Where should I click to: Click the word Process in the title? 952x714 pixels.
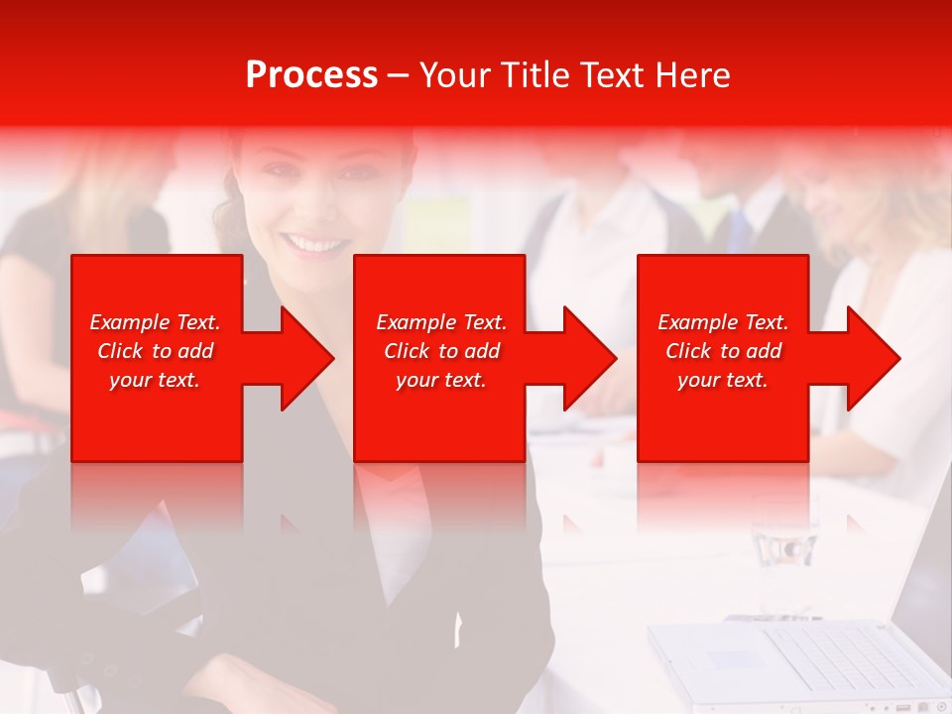pyautogui.click(x=311, y=75)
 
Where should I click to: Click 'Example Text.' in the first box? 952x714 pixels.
pyautogui.click(x=155, y=322)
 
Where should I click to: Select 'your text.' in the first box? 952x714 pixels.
pyautogui.click(x=155, y=380)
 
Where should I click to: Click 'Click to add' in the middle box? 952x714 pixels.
pyautogui.click(x=441, y=351)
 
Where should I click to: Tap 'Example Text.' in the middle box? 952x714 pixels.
pyautogui.click(x=441, y=322)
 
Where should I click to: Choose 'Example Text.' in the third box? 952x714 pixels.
pyautogui.click(x=723, y=322)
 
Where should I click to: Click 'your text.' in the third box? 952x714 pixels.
pyautogui.click(x=723, y=380)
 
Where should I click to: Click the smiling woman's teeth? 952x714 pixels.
pyautogui.click(x=313, y=243)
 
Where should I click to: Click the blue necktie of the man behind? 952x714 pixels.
pyautogui.click(x=739, y=233)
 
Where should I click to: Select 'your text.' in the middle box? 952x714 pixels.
pyautogui.click(x=441, y=380)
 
